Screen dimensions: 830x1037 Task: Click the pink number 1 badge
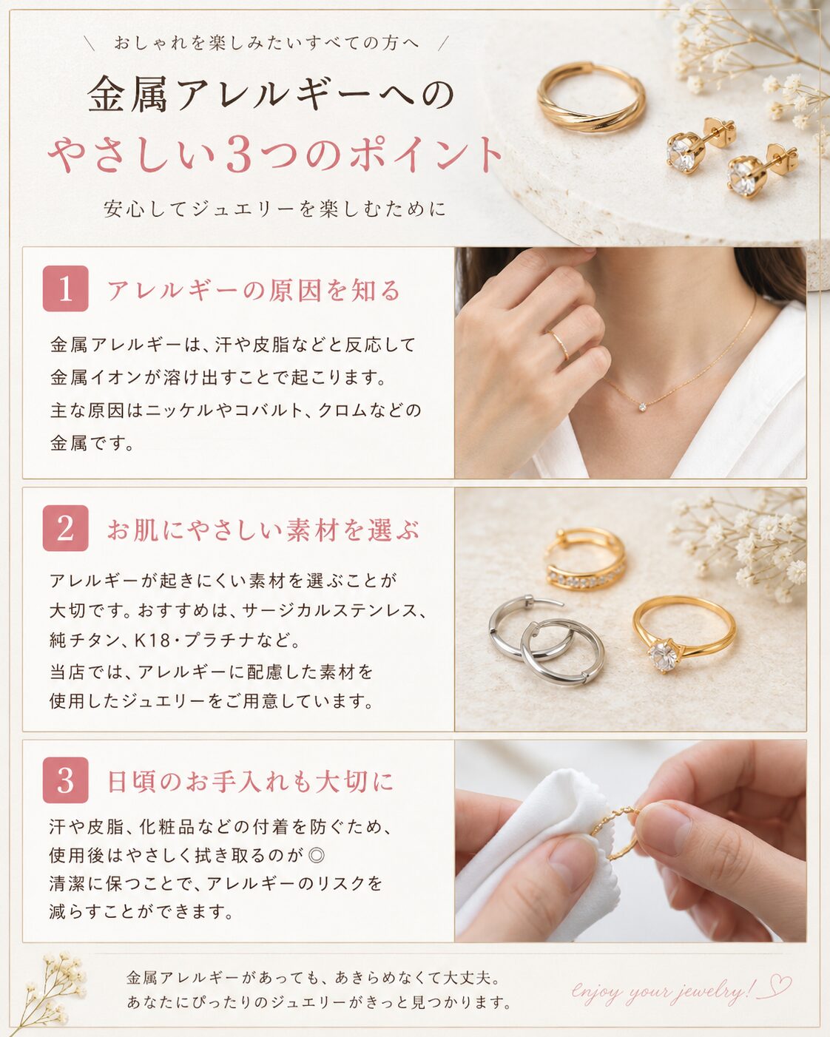click(66, 288)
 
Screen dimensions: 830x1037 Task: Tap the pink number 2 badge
click(66, 527)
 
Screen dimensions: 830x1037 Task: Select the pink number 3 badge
click(66, 780)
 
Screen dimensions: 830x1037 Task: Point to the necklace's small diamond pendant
click(643, 408)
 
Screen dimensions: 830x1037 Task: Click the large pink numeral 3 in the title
click(239, 155)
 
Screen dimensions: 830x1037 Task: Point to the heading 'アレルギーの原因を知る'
click(254, 291)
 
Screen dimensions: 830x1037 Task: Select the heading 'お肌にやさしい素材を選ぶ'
click(263, 530)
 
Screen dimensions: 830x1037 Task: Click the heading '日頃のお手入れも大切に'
click(250, 782)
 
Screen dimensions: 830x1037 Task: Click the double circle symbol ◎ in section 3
click(316, 856)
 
